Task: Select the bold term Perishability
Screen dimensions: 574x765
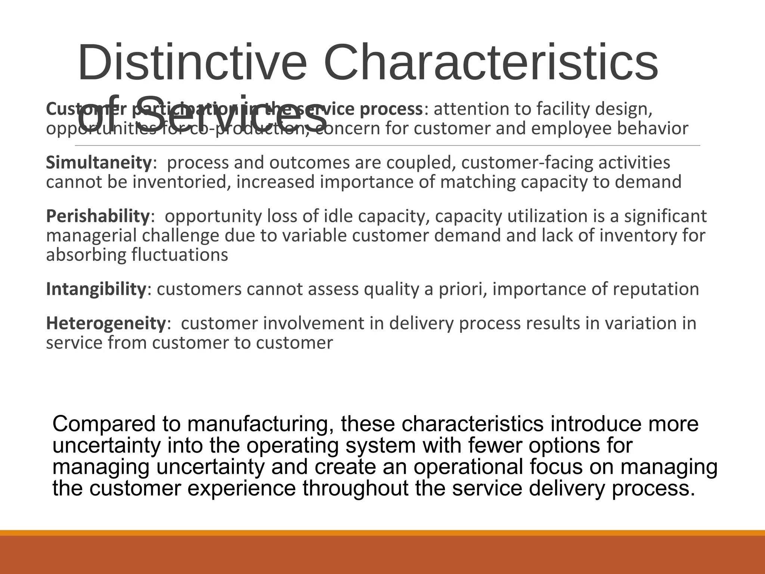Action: (97, 216)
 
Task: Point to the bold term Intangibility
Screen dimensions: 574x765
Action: (96, 289)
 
